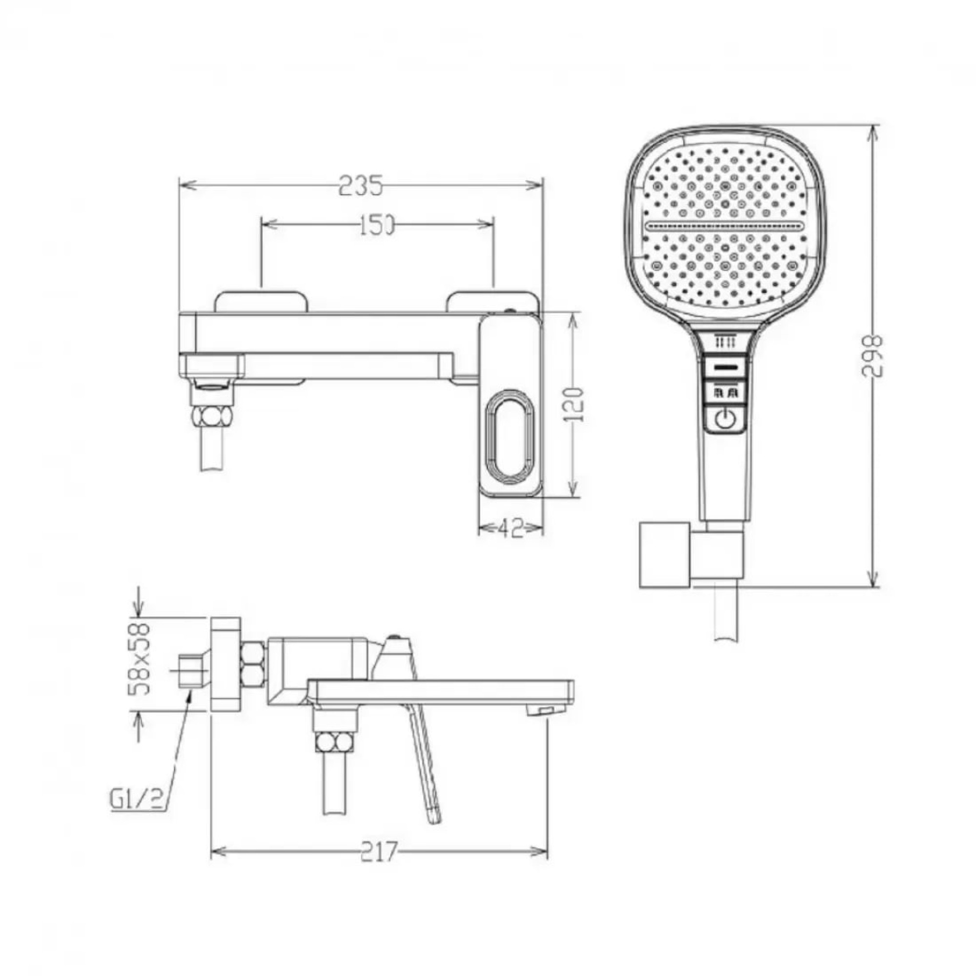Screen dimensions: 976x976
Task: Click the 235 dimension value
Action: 361,185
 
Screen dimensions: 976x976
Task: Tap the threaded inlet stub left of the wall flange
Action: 191,671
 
